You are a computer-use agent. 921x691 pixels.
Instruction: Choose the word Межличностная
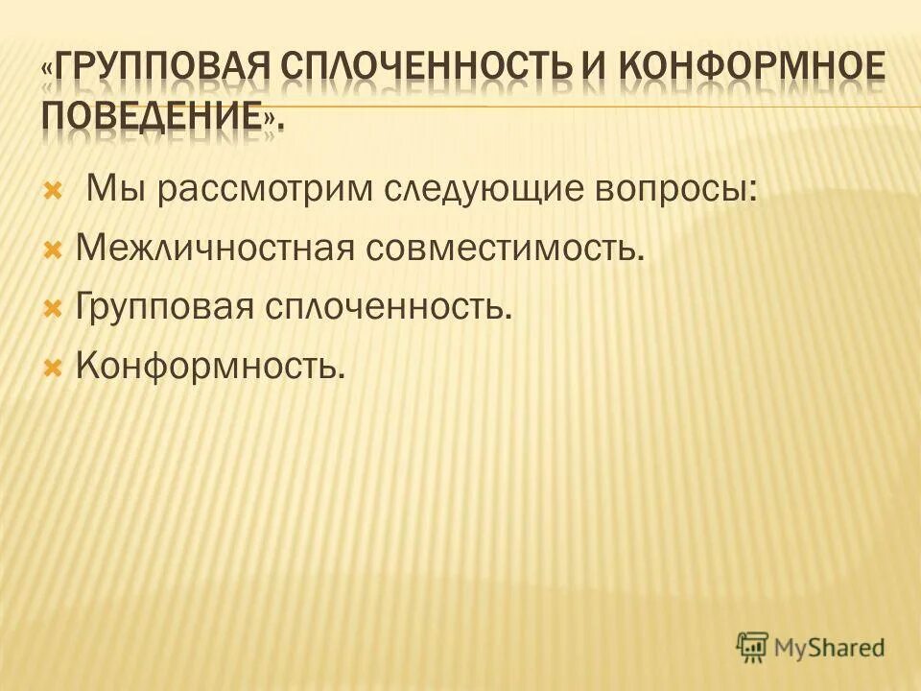(218, 249)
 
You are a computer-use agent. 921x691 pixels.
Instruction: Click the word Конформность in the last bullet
(208, 366)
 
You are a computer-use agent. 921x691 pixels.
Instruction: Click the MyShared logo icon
(753, 645)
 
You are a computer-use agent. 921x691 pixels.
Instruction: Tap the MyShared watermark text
(831, 648)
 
